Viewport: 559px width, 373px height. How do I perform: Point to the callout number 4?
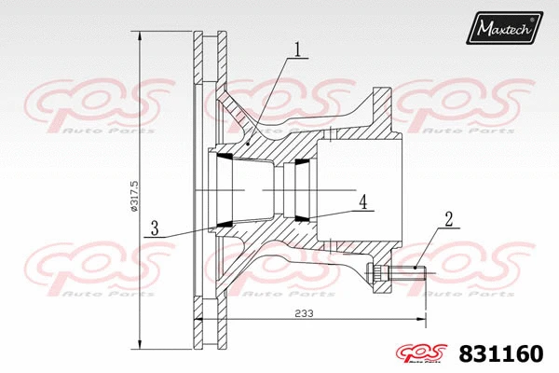pyautogui.click(x=363, y=200)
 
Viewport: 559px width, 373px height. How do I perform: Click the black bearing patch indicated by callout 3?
pyautogui.click(x=225, y=224)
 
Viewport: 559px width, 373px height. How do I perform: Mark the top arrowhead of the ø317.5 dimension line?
pyautogui.click(x=140, y=35)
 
